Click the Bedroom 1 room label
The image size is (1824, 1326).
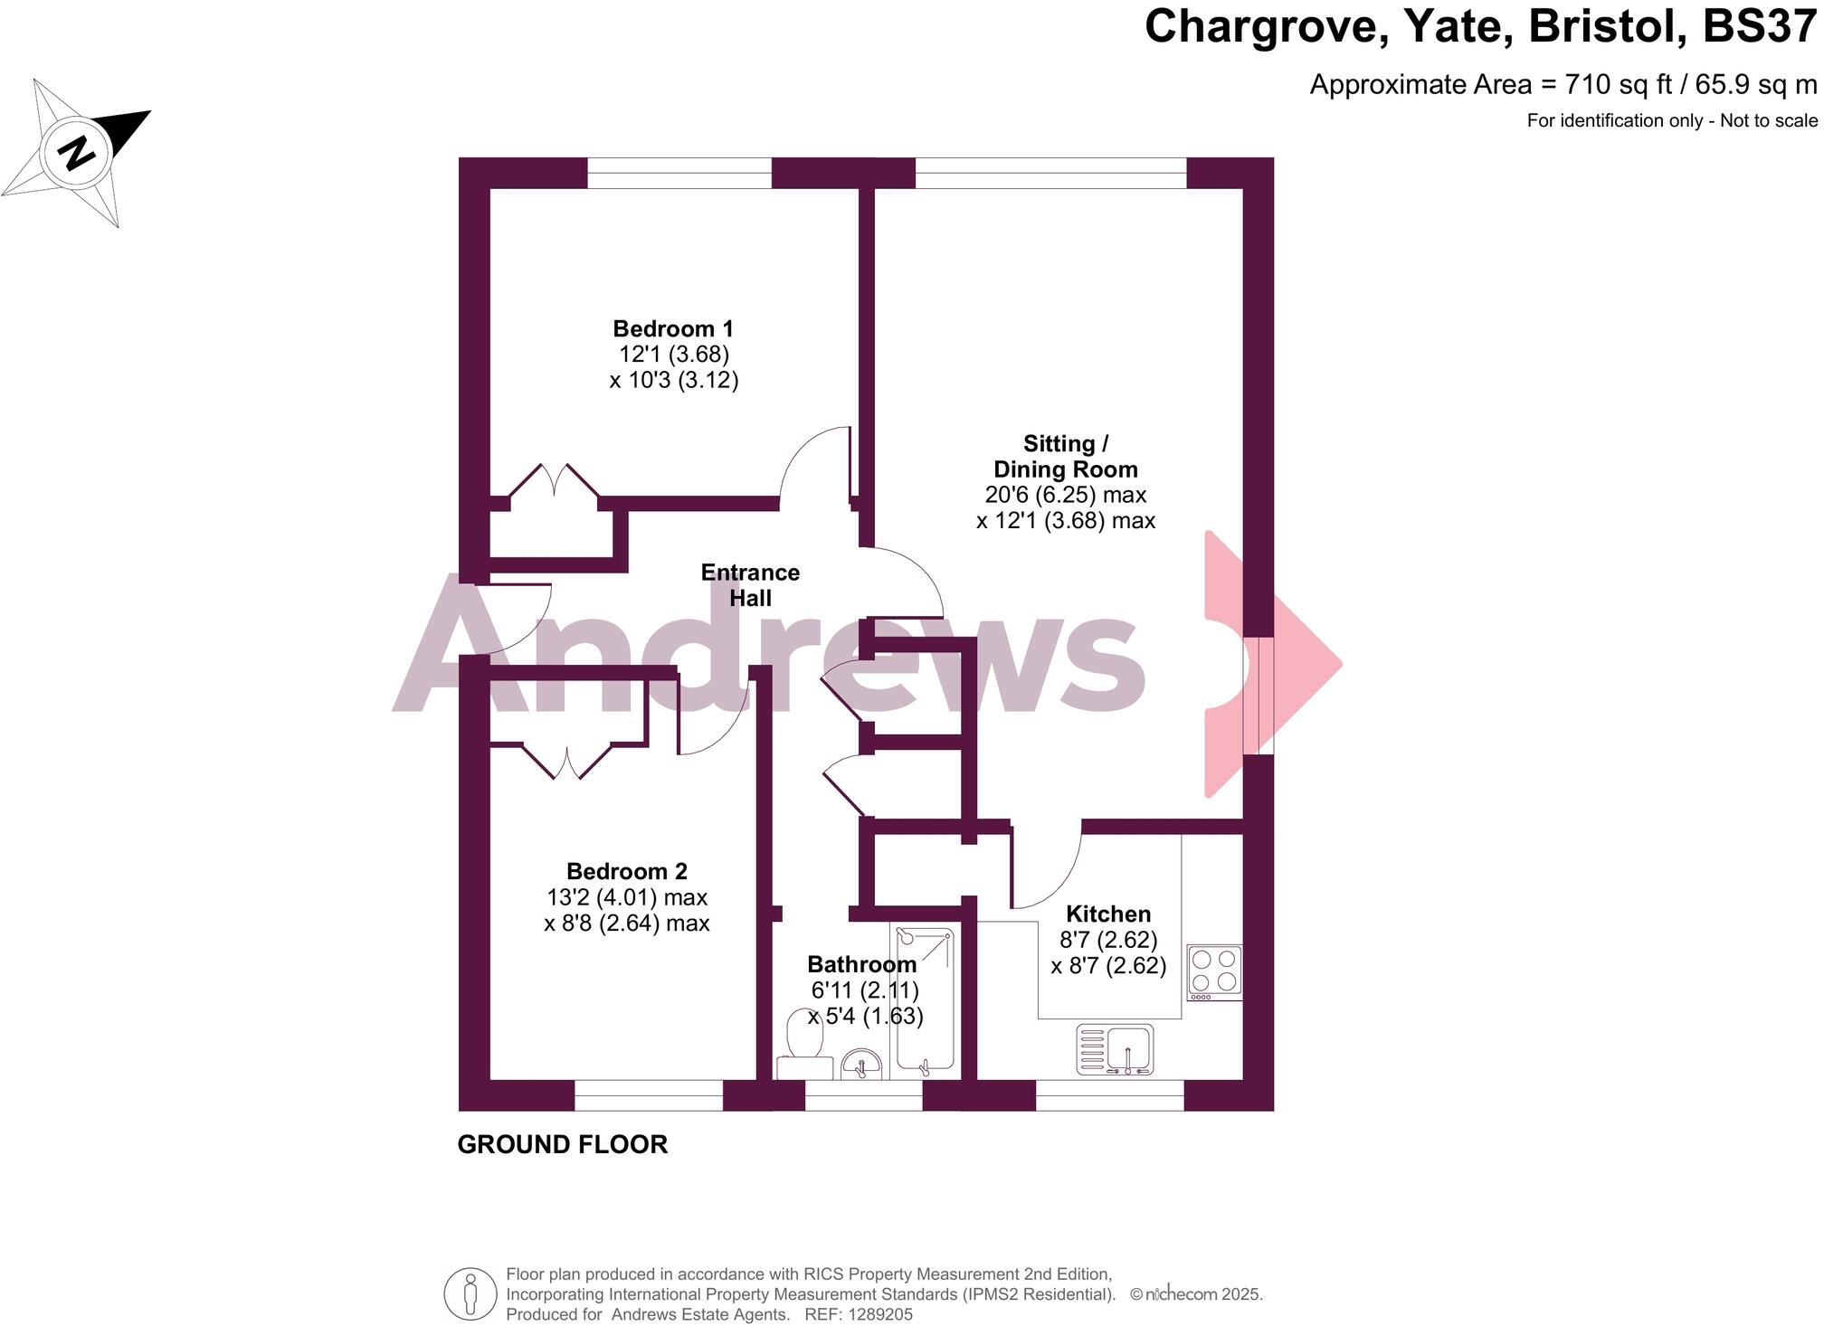[x=673, y=329]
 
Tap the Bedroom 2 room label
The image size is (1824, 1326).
[x=627, y=872]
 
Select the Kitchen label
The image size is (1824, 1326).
[x=1108, y=914]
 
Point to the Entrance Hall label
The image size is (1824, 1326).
[x=750, y=585]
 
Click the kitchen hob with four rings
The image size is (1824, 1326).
[x=1214, y=971]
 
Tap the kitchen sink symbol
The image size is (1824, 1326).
[x=1115, y=1049]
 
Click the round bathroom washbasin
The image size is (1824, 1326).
[x=860, y=1065]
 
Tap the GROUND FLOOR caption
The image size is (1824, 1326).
[x=563, y=1145]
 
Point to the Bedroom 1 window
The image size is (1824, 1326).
[x=679, y=174]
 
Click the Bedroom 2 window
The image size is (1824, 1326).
[x=649, y=1095]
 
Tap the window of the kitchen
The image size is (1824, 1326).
[x=1109, y=1095]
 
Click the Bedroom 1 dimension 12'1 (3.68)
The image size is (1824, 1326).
[x=674, y=355]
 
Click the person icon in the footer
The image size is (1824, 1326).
[x=470, y=1294]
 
